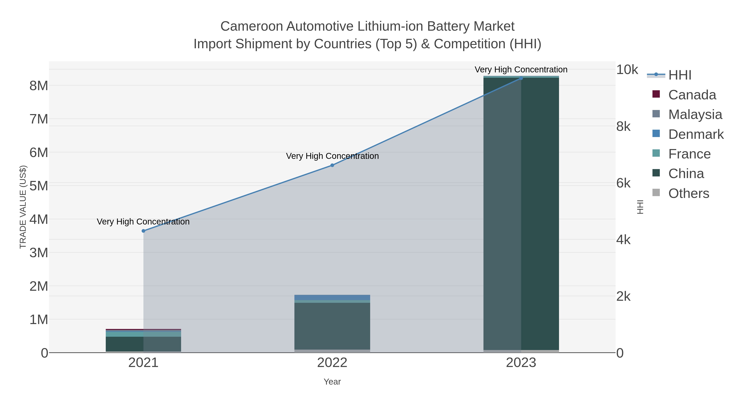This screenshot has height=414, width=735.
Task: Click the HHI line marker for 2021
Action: click(x=144, y=231)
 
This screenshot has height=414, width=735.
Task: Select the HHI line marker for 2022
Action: click(x=332, y=165)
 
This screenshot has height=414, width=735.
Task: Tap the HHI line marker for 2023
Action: click(x=521, y=78)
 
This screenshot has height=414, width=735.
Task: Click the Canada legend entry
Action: click(x=692, y=95)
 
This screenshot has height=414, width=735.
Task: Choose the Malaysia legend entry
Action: click(x=695, y=114)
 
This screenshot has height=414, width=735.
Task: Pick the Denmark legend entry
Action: click(x=696, y=134)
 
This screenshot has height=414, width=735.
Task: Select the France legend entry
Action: click(x=689, y=154)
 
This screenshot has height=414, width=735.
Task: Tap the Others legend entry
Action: click(x=688, y=193)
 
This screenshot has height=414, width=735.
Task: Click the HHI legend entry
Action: click(x=680, y=75)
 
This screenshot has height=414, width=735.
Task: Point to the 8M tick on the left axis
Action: click(x=39, y=85)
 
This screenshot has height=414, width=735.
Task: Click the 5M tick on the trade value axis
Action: click(x=39, y=186)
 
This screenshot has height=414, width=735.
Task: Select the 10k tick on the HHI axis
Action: click(x=627, y=70)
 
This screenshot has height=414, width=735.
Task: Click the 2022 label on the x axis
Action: click(x=332, y=362)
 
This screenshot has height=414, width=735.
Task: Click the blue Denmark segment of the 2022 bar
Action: click(x=332, y=297)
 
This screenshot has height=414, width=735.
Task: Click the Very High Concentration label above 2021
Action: click(x=143, y=222)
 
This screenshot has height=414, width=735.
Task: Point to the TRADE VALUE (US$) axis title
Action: click(x=23, y=207)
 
